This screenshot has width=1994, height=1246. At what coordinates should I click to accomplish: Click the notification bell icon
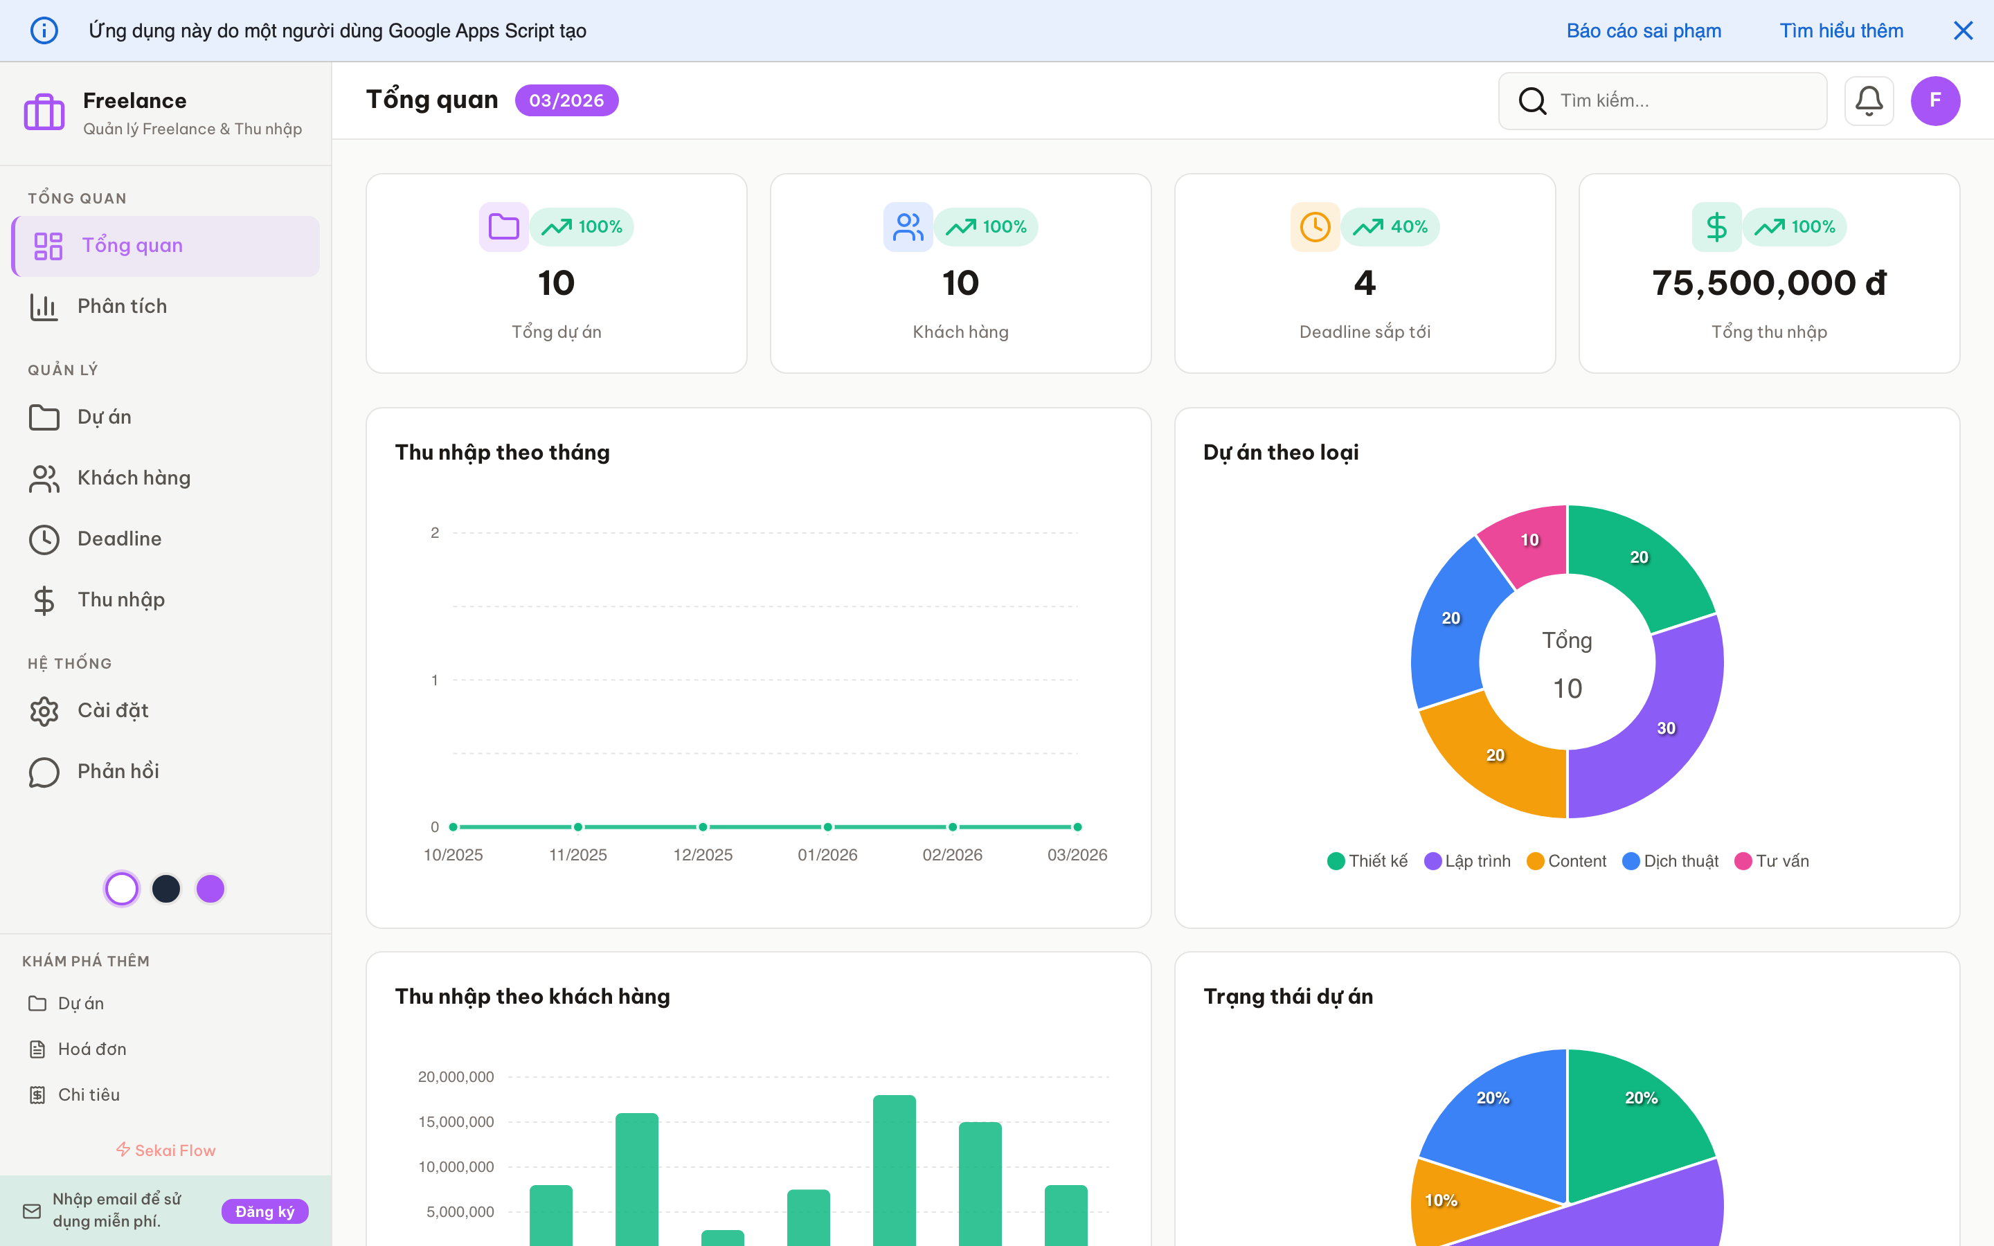tap(1868, 100)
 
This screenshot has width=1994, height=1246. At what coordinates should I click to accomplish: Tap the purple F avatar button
tap(1934, 100)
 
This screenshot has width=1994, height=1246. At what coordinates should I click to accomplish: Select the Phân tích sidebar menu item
tap(122, 307)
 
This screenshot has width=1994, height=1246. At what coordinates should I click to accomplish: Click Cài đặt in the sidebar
tap(113, 710)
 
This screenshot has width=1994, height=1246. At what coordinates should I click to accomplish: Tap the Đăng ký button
tap(264, 1211)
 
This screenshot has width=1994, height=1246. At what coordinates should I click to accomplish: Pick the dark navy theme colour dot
tap(166, 888)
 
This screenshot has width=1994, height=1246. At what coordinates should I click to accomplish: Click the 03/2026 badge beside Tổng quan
tap(566, 100)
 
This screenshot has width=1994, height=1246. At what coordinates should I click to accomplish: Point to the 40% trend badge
tap(1390, 226)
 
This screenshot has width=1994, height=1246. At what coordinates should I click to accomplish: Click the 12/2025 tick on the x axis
tap(703, 855)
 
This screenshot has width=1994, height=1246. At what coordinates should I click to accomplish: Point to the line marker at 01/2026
tap(827, 827)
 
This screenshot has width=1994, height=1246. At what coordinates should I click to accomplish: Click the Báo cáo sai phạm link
tap(1643, 30)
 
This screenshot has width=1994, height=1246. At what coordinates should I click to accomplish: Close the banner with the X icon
tap(1963, 30)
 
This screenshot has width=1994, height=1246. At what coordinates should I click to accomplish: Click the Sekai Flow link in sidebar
tap(165, 1150)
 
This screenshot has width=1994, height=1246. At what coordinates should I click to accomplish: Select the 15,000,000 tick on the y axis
tap(456, 1121)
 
